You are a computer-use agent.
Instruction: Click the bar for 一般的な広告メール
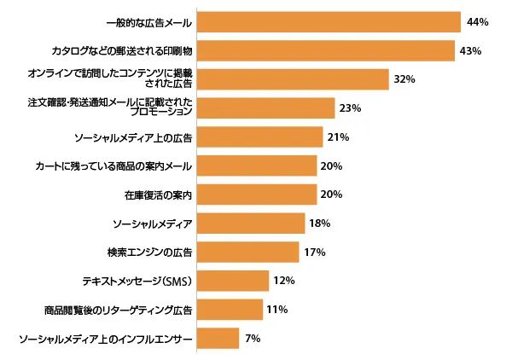pos(329,22)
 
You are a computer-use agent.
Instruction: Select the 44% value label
pos(477,22)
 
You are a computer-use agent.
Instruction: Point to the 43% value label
pos(471,51)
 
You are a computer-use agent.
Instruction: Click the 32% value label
pos(404,79)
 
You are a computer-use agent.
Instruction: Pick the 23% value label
pos(350,108)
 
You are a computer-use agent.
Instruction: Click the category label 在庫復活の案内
pos(158,195)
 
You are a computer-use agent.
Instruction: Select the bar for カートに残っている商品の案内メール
pos(257,166)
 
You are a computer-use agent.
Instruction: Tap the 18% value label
pos(319,224)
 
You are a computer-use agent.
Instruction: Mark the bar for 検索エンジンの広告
pos(247,253)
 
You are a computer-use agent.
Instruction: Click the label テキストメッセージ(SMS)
pos(137,281)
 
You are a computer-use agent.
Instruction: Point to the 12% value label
pos(283,281)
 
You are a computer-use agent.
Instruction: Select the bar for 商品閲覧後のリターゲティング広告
pos(230,310)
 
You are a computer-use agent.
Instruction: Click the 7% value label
pos(253,339)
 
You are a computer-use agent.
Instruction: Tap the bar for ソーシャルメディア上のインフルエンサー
pos(218,339)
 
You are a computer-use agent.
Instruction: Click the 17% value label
pos(313,253)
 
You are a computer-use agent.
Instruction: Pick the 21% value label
pos(338,137)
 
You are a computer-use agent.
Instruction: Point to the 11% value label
pos(276,310)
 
